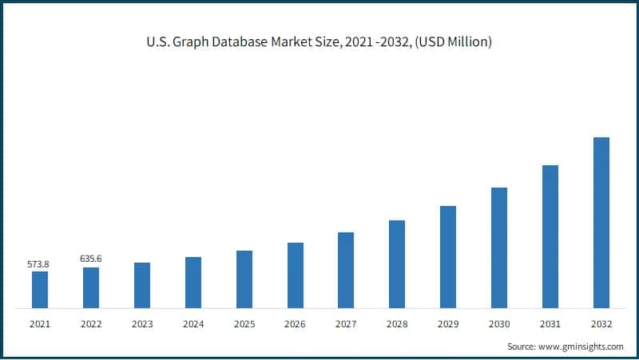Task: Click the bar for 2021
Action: tap(40, 290)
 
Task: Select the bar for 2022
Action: tap(91, 287)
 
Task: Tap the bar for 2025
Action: tap(244, 279)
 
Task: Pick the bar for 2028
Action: tap(397, 264)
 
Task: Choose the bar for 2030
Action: tap(499, 247)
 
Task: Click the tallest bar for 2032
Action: tap(601, 223)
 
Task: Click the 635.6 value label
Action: tap(91, 259)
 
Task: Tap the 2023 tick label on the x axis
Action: tap(142, 323)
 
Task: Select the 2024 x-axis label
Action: tap(192, 323)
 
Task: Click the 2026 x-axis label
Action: tap(295, 323)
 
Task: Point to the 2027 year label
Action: tap(346, 323)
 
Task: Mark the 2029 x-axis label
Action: tap(448, 323)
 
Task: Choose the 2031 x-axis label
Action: tap(550, 323)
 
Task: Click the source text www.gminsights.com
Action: tap(580, 347)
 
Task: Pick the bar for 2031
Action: tap(550, 236)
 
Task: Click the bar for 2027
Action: tap(346, 270)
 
